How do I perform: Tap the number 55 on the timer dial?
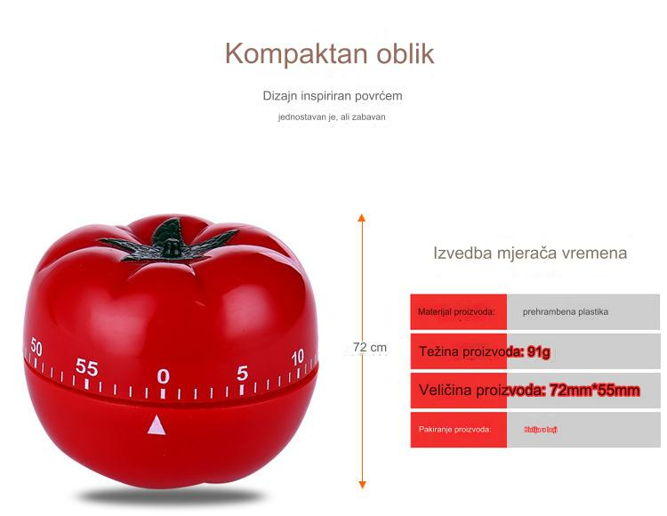click(86, 367)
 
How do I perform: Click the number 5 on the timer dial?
click(242, 374)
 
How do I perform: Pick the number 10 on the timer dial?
click(298, 356)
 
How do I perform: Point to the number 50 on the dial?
click(36, 345)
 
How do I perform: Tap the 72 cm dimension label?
click(369, 347)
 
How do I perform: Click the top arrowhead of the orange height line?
click(362, 217)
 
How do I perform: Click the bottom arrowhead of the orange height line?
click(362, 484)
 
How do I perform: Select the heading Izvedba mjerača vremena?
click(530, 253)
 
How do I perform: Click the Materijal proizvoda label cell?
click(457, 312)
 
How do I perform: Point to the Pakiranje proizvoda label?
click(455, 430)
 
